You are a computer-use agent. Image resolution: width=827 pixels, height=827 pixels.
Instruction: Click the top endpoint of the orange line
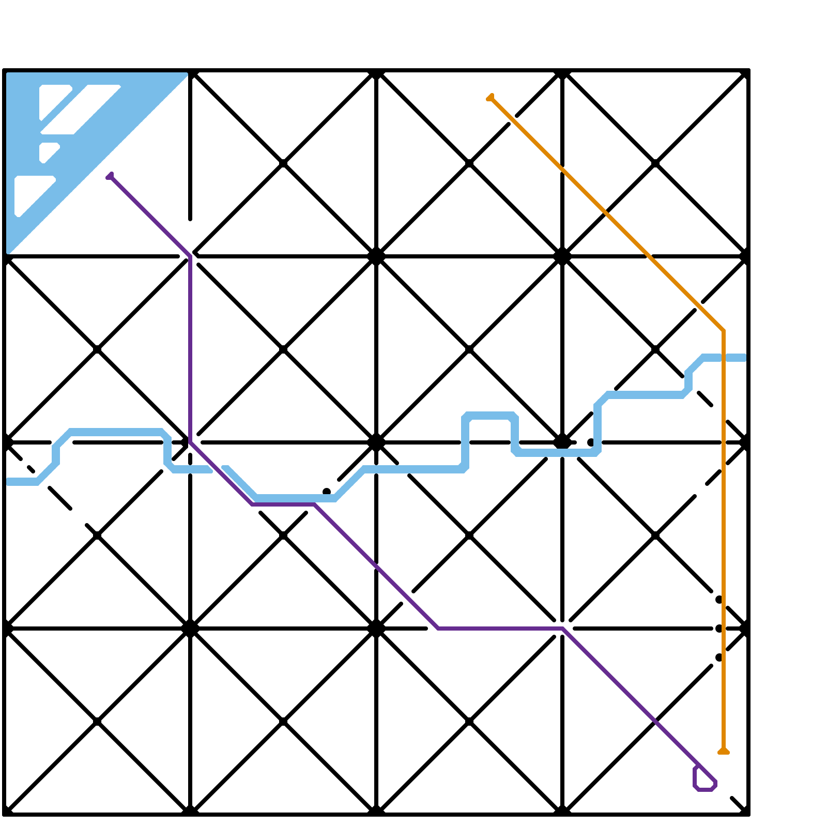click(490, 97)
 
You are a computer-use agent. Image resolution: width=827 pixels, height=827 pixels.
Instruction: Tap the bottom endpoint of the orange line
click(723, 751)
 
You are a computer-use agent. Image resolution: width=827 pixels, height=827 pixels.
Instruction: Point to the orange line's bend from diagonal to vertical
click(723, 330)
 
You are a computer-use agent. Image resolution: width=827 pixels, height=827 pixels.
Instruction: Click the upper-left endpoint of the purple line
click(110, 177)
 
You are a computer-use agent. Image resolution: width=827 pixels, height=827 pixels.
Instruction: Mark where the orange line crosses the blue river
click(723, 358)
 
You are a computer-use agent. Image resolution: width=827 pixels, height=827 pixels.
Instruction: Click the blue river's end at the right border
click(744, 358)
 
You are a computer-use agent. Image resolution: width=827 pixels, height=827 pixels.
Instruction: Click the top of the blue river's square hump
click(490, 416)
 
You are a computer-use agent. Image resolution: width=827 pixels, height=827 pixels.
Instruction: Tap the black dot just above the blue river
click(327, 491)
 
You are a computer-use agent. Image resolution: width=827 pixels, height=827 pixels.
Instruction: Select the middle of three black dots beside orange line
click(718, 629)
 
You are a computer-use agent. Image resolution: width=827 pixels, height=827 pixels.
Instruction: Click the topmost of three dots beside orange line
click(718, 600)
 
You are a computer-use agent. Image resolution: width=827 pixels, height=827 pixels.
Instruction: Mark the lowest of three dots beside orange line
click(718, 657)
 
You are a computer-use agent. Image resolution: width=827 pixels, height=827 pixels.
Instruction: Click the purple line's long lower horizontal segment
click(500, 629)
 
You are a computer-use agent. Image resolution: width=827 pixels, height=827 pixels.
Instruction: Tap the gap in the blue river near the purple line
click(218, 469)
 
